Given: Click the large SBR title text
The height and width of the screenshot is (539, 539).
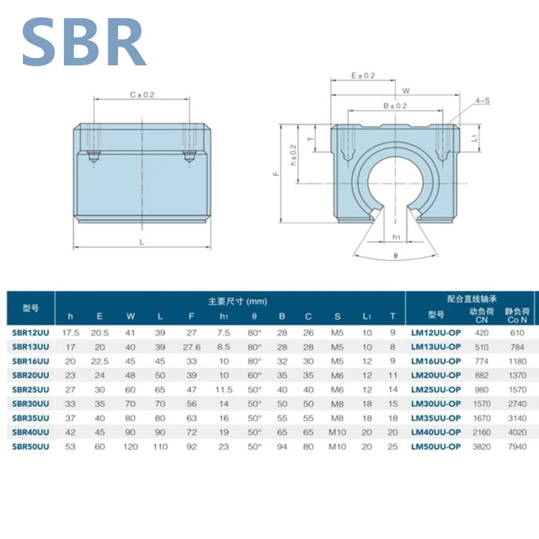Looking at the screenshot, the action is point(84,41).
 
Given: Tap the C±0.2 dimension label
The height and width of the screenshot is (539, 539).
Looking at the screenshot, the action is point(142,94).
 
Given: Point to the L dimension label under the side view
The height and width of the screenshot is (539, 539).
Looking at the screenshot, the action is point(141,243).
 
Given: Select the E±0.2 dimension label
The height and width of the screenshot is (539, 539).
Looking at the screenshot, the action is point(363,75).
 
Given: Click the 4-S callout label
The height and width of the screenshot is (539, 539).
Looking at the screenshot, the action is point(482,100).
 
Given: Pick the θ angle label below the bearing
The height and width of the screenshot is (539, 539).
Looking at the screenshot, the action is point(395,256).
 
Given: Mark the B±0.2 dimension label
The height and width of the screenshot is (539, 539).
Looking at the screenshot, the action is point(395,106).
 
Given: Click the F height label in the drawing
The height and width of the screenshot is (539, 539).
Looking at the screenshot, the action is point(276,174).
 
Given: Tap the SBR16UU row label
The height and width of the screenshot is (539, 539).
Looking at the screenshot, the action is point(30,361).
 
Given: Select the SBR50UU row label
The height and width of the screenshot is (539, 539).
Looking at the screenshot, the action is point(30,447).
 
